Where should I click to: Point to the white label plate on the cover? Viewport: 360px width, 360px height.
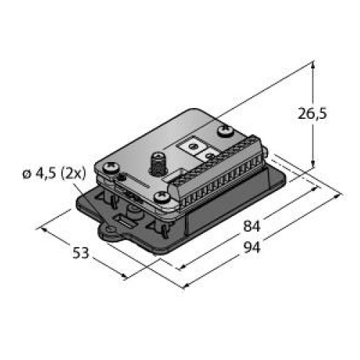pos(202,150)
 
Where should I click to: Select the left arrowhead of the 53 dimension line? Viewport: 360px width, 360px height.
pos(45,230)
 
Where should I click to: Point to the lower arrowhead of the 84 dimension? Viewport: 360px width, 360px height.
pos(177,264)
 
